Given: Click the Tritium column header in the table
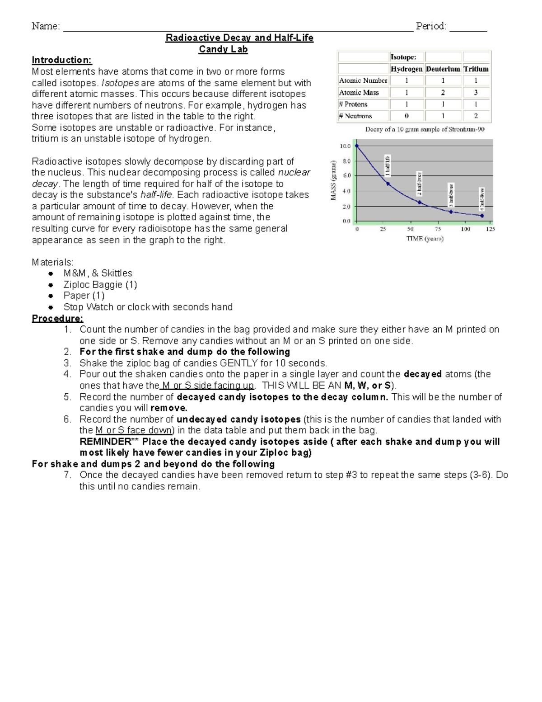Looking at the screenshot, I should pyautogui.click(x=476, y=69).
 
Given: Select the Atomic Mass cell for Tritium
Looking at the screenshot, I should pyautogui.click(x=476, y=93).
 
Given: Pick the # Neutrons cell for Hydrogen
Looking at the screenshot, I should pyautogui.click(x=406, y=116).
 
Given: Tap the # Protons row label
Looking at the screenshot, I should pyautogui.click(x=353, y=104).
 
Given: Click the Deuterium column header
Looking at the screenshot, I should pyautogui.click(x=443, y=69).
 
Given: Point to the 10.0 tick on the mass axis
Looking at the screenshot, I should pyautogui.click(x=345, y=146).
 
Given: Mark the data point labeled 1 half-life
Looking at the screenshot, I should pyautogui.click(x=388, y=184).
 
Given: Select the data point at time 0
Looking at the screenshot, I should pyautogui.click(x=357, y=146).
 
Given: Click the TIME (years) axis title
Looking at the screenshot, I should pyautogui.click(x=425, y=239).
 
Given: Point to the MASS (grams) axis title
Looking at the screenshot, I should pyautogui.click(x=334, y=180).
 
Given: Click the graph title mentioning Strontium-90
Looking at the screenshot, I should pyautogui.click(x=425, y=130).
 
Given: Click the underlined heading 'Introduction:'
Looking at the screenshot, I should pyautogui.click(x=62, y=60).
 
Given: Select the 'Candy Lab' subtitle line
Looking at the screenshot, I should pyautogui.click(x=223, y=49).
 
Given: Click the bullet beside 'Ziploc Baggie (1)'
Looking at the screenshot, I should pyautogui.click(x=51, y=285).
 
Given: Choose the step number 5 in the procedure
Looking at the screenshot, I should pyautogui.click(x=67, y=397).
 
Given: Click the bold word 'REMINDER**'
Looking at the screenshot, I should pyautogui.click(x=108, y=442).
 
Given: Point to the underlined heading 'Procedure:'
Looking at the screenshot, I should pyautogui.click(x=57, y=319).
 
